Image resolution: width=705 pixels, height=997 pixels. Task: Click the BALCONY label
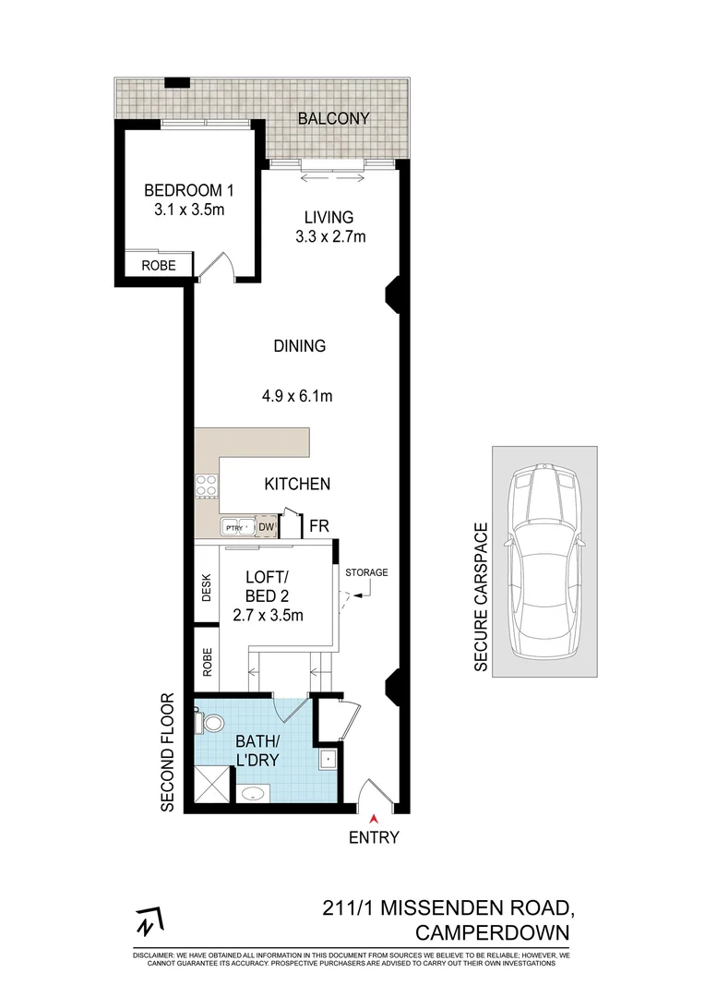tap(333, 118)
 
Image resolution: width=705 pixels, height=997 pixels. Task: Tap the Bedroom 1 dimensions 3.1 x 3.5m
tap(189, 210)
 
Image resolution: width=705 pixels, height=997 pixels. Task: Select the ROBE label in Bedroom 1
tap(159, 265)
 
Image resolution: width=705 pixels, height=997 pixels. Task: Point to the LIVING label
tap(329, 218)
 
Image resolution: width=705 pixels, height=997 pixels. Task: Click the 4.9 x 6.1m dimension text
tap(297, 396)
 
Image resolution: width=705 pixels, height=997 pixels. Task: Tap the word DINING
tap(299, 346)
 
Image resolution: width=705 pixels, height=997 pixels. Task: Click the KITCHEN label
tap(297, 484)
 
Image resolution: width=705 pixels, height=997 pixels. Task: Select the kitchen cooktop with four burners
tap(207, 487)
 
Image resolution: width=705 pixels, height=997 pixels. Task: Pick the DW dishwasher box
tap(267, 527)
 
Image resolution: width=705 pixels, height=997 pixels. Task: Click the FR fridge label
tap(319, 526)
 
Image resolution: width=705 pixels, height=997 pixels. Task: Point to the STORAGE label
tap(366, 572)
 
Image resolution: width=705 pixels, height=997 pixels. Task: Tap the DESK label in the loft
tap(206, 587)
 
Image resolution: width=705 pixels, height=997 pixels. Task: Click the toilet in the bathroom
tap(209, 722)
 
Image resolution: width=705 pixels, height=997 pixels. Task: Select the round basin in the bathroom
tap(253, 794)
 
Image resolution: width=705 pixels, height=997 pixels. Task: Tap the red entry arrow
tap(375, 819)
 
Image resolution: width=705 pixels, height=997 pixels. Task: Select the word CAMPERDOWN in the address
tap(493, 932)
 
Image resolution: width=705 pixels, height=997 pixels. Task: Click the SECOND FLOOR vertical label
tap(167, 752)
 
